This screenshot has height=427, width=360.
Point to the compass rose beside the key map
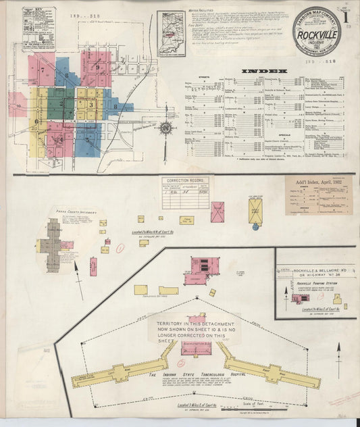coord(166,126)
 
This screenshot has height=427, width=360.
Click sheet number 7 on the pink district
coord(43,70)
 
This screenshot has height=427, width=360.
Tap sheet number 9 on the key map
coord(98,67)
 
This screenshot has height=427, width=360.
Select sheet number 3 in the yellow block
coord(91,105)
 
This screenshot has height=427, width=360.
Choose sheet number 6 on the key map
coord(36,122)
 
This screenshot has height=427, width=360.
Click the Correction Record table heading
coord(184,181)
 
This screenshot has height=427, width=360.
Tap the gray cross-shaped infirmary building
coord(53,243)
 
